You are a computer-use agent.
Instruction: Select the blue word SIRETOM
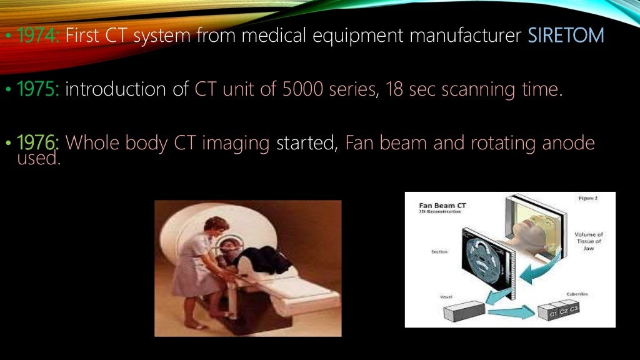pos(566,36)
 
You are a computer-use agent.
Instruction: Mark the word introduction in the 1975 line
pos(117,90)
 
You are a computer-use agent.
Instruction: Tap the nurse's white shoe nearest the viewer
pos(194,325)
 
